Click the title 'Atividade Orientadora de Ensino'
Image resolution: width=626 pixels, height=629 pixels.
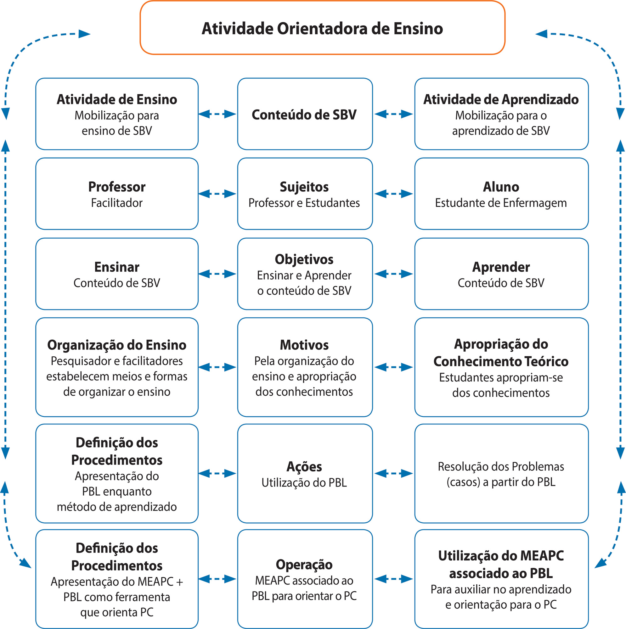pyautogui.click(x=322, y=28)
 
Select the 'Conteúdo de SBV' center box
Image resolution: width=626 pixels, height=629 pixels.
pyautogui.click(x=305, y=114)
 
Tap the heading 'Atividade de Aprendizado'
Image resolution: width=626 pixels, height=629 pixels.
pyautogui.click(x=501, y=100)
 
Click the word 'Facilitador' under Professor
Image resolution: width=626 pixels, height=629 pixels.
pyautogui.click(x=117, y=203)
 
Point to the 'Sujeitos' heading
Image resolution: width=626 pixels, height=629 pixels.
pyautogui.click(x=304, y=187)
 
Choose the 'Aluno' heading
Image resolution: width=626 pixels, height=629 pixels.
pyautogui.click(x=501, y=187)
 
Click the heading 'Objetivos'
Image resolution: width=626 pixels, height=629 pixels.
pyautogui.click(x=304, y=260)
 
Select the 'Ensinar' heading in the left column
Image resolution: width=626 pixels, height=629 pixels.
pyautogui.click(x=117, y=267)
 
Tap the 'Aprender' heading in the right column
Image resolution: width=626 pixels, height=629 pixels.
pyautogui.click(x=501, y=267)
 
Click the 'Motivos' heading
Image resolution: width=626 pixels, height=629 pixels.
pyautogui.click(x=304, y=345)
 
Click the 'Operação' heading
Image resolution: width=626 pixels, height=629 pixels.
pyautogui.click(x=304, y=565)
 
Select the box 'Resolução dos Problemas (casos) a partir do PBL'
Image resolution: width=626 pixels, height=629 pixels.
pyautogui.click(x=501, y=473)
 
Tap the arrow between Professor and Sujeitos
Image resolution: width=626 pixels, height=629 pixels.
pyautogui.click(x=217, y=194)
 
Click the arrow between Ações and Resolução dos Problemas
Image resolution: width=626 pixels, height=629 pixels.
pyautogui.click(x=394, y=473)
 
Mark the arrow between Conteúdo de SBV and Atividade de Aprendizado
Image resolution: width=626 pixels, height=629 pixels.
pyautogui.click(x=394, y=114)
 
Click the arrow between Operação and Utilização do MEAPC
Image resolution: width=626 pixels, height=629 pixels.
pyautogui.click(x=394, y=579)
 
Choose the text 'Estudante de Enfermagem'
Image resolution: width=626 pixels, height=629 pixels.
pyautogui.click(x=501, y=203)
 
